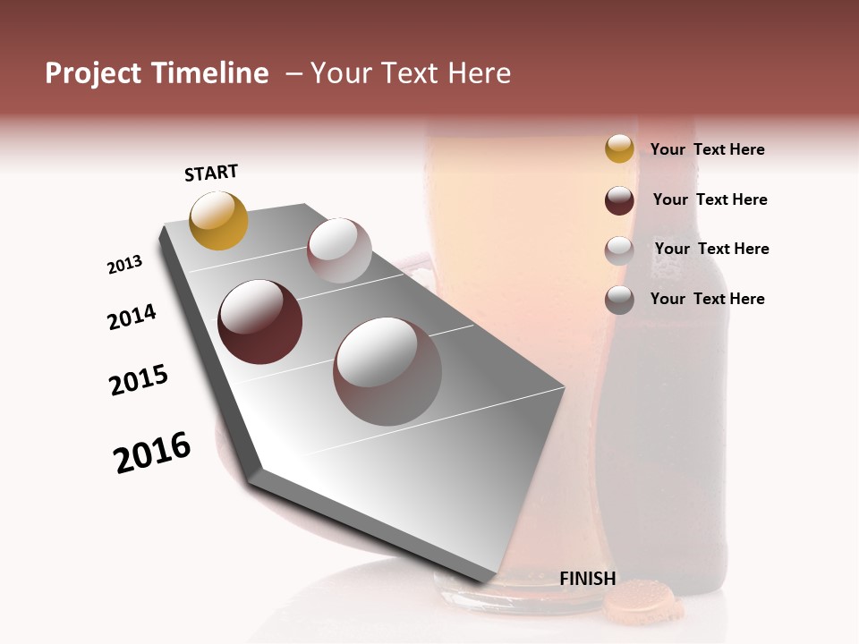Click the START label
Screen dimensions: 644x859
coord(211,173)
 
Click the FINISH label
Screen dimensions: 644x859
coord(587,578)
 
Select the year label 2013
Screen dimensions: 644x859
coord(125,265)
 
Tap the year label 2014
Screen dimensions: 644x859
coord(132,317)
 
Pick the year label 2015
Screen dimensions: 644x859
coord(139,380)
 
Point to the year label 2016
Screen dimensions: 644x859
coord(152,453)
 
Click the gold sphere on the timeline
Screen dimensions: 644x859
coord(218,220)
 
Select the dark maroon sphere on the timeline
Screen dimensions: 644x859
coord(259,322)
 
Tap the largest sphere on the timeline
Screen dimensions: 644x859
coord(387,371)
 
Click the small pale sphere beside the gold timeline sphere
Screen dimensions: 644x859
coord(339,250)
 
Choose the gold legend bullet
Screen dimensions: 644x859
coord(619,148)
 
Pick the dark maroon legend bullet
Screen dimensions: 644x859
coord(619,200)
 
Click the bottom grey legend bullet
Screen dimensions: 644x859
coord(619,300)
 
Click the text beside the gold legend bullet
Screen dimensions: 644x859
coord(707,149)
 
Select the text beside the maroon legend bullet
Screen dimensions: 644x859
coord(710,199)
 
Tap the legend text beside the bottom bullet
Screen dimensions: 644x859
coord(707,299)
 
